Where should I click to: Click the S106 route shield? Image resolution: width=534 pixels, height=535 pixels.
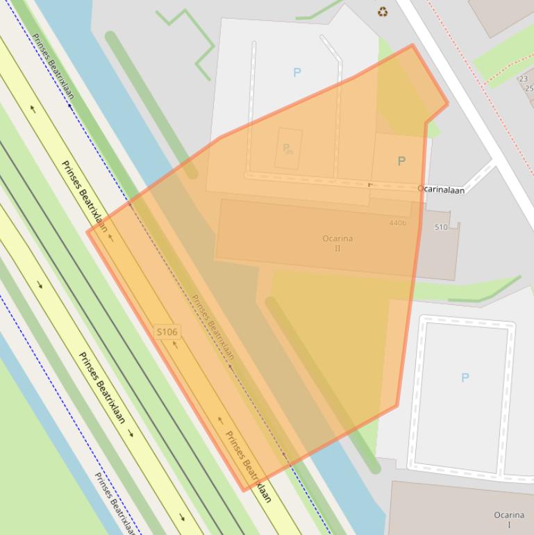coord(167,332)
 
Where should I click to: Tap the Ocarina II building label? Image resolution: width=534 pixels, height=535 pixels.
coord(337,242)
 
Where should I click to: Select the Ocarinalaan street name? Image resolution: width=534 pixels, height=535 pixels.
coord(441,189)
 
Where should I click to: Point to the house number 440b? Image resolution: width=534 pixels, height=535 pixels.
coord(398,223)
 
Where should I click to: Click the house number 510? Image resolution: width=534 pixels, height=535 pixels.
coord(441,227)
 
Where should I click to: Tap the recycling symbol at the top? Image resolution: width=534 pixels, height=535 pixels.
coord(383,11)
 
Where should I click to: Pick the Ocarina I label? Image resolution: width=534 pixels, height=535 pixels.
coord(509,520)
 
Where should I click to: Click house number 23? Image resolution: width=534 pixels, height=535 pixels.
coord(523,79)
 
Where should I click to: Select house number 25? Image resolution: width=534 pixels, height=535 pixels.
coord(529,88)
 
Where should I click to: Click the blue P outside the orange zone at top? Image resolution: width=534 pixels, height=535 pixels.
coord(297,72)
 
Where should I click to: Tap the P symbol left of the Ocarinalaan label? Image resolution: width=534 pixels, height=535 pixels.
coord(401,161)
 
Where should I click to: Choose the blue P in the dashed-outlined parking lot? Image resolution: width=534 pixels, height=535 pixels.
coord(465,377)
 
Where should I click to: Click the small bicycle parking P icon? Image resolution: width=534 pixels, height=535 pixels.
coord(287,149)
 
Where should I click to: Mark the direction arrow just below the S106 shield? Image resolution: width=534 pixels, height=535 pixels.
coord(175,345)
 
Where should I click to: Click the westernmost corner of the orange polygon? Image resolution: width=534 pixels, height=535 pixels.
coord(87,231)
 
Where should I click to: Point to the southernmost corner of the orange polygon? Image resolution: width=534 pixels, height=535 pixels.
coord(244,491)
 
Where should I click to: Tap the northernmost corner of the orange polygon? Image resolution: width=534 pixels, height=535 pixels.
coord(412,45)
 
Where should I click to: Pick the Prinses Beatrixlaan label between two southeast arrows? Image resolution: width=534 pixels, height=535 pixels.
coord(101,388)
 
